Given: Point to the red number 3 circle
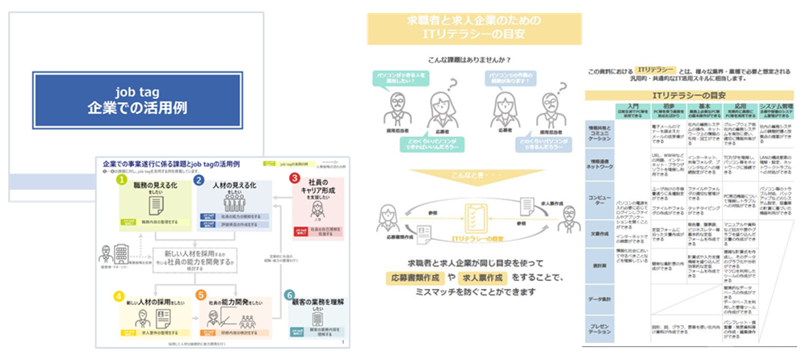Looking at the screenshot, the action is [x=295, y=178].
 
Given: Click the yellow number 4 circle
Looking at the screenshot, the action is [x=120, y=296].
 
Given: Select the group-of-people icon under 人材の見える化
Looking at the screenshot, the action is [x=234, y=203].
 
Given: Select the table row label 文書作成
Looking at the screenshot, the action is [x=600, y=233].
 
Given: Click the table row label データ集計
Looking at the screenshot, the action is [x=600, y=299].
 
